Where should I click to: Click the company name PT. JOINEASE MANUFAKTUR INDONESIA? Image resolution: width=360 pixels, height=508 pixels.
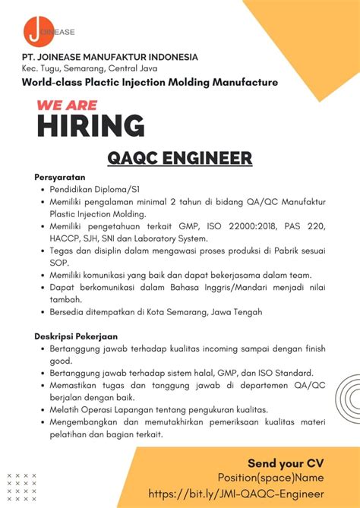(x=109, y=57)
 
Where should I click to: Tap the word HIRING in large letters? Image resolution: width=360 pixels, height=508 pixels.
(x=90, y=125)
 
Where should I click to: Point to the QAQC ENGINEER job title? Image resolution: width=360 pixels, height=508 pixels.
(x=179, y=158)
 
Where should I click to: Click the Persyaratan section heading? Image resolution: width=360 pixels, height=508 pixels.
(x=59, y=176)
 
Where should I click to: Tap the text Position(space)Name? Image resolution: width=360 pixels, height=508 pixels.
(x=271, y=478)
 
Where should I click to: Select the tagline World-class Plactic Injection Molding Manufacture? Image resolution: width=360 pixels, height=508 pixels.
(x=150, y=82)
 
